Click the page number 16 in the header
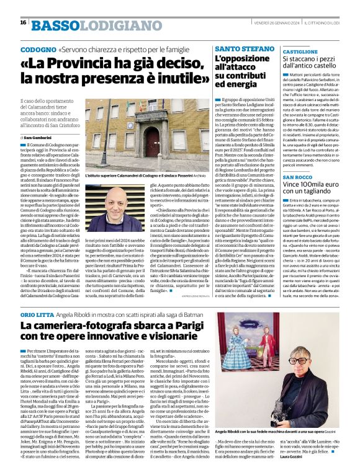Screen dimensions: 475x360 23,22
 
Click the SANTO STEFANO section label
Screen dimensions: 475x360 240,48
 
